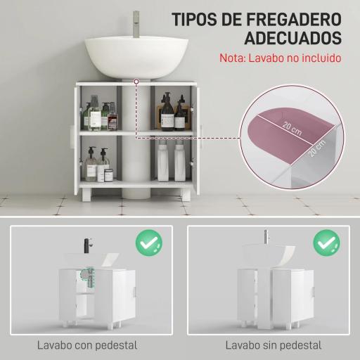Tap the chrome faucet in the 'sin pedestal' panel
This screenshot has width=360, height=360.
coord(266,238)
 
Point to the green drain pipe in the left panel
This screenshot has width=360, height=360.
coord(89,280)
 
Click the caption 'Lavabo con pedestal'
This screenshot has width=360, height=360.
coord(87,345)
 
